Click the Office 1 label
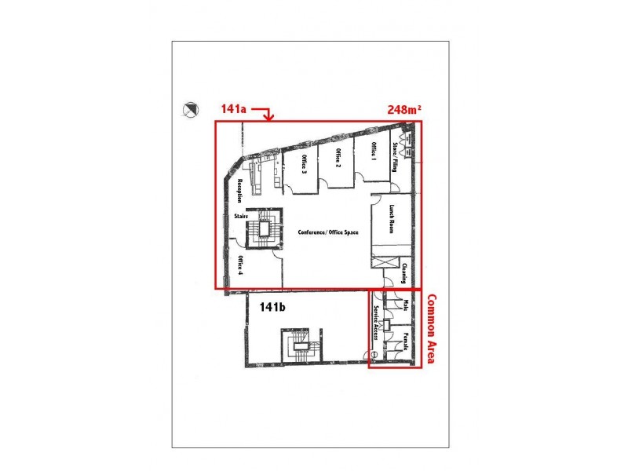pos(374,150)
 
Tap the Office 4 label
pos(240,268)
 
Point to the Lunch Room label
pos(390,219)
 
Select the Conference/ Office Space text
pos(328,233)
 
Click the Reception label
pos(240,192)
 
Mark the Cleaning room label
pos(403,272)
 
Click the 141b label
pos(272,308)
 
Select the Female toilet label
pos(405,341)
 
